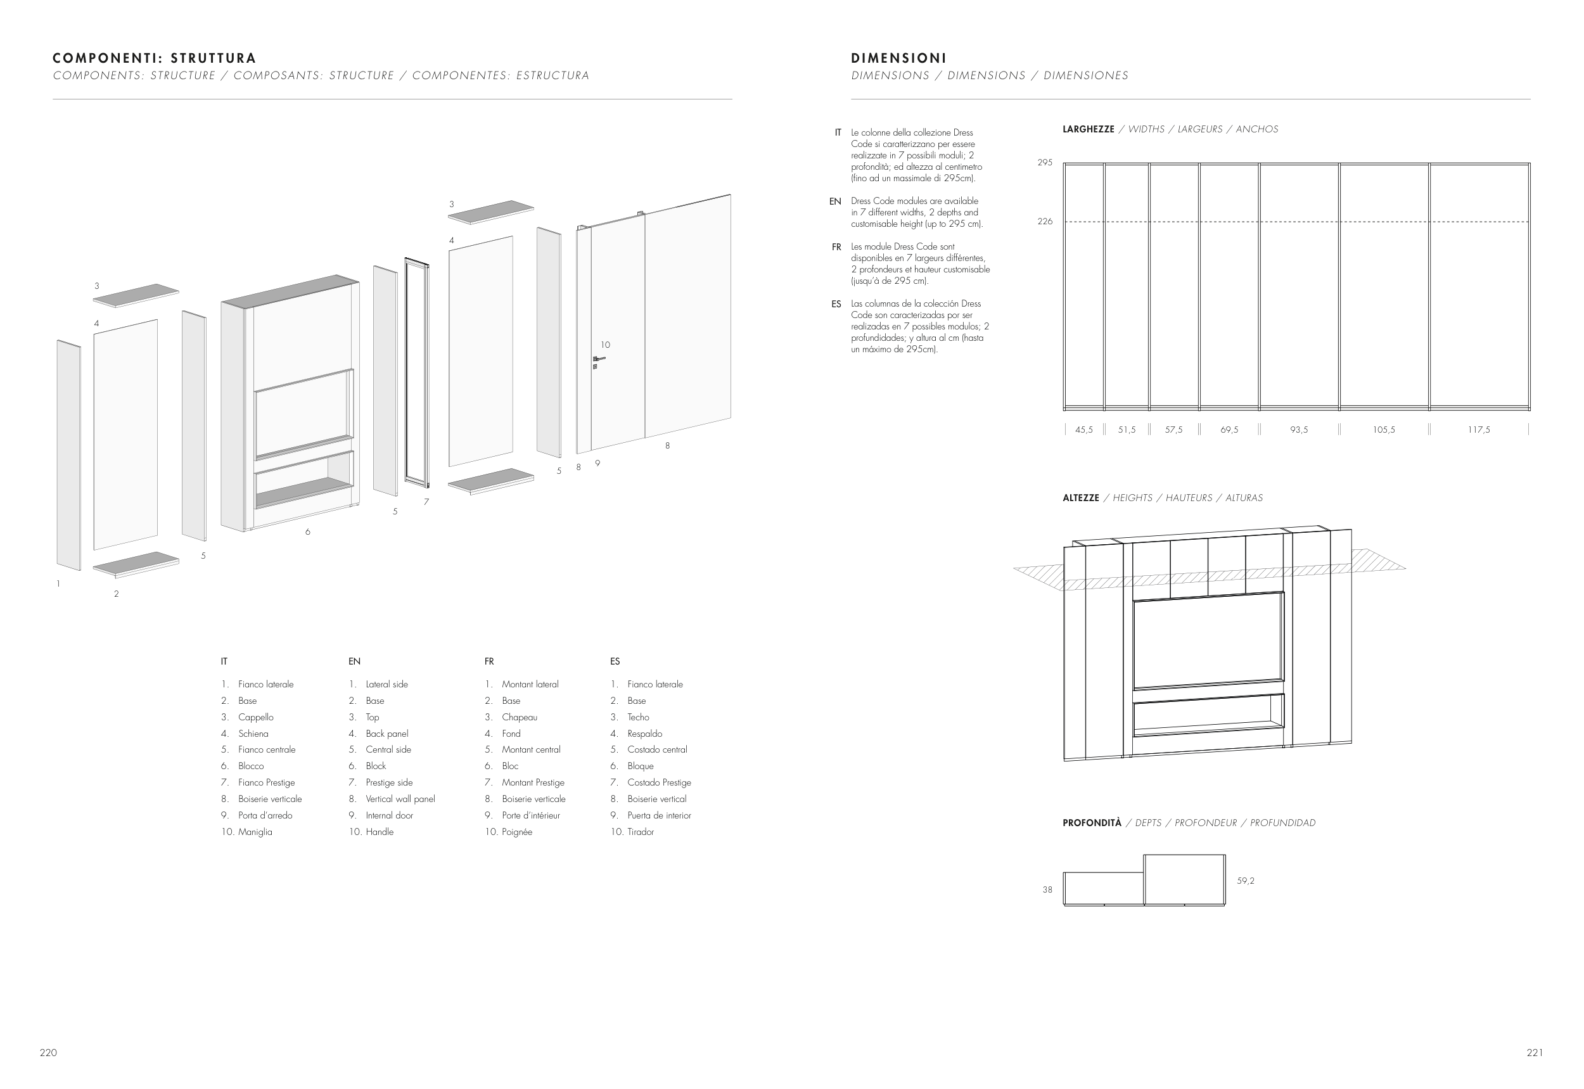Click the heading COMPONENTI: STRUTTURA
tap(154, 58)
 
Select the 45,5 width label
tap(1083, 430)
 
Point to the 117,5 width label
tap(1479, 430)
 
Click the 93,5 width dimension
tap(1299, 430)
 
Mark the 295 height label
tap(1045, 163)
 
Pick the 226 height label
tap(1045, 222)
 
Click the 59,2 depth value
tap(1246, 881)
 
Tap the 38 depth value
tap(1047, 889)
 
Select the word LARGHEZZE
tap(1088, 129)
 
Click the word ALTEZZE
tap(1080, 498)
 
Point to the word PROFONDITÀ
tap(1091, 823)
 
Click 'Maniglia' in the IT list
tap(255, 832)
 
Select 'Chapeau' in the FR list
tap(520, 717)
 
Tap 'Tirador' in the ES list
tap(640, 832)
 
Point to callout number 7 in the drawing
tap(426, 502)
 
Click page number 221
tap(1535, 1053)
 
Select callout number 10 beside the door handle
tap(605, 345)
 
